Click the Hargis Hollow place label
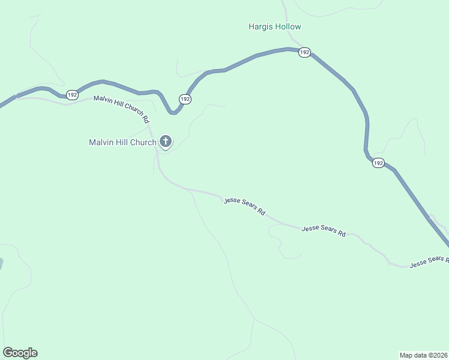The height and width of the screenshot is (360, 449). (274, 26)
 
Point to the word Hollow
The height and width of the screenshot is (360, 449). (288, 26)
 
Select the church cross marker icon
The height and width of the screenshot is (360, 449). (165, 142)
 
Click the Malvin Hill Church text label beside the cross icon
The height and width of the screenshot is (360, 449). (122, 142)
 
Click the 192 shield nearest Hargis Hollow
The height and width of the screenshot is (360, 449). (304, 53)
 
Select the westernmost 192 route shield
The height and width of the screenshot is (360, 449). (72, 95)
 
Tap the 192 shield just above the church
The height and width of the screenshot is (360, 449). (184, 99)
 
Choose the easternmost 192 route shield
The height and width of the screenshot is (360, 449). (378, 163)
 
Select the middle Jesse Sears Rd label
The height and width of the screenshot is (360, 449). (324, 230)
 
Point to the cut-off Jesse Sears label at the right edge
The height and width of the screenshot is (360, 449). (429, 261)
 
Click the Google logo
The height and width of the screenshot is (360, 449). (20, 353)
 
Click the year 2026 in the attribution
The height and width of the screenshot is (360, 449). (439, 355)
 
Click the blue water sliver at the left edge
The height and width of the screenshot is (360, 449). (1, 263)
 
